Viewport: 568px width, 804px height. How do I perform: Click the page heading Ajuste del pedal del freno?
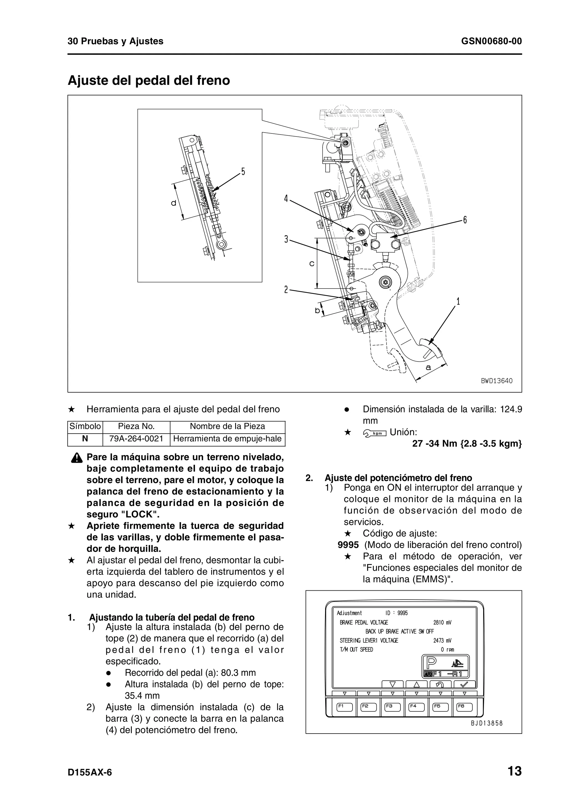click(149, 80)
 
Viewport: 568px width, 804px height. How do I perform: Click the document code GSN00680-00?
click(491, 41)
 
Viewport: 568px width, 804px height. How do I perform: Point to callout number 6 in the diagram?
click(465, 220)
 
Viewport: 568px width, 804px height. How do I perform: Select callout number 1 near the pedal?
click(458, 301)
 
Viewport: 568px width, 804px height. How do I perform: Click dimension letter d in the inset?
click(174, 203)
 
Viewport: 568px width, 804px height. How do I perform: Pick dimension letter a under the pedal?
click(428, 367)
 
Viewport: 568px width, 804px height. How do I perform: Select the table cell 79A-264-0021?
click(136, 439)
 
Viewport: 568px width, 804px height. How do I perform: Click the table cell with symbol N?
click(85, 439)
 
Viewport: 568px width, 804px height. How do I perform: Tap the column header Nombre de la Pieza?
click(227, 426)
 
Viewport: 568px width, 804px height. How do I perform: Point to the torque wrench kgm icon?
click(375, 433)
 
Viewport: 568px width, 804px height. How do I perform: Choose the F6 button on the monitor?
click(464, 706)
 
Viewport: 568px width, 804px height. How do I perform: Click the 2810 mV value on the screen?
click(442, 622)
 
